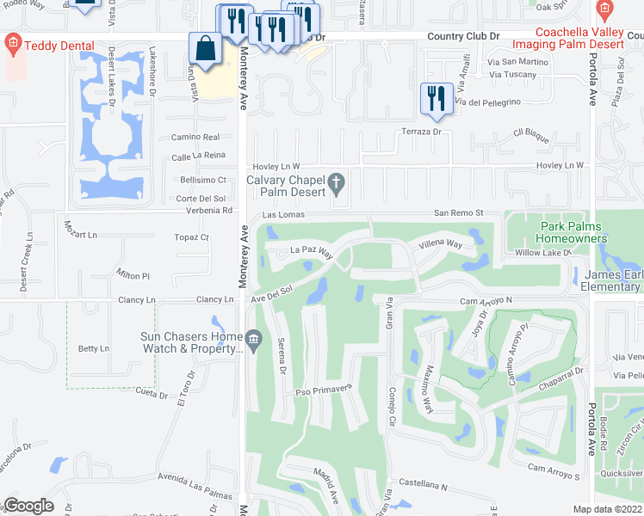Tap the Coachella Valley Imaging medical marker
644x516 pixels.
[x=604, y=10]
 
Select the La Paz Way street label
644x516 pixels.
[x=311, y=252]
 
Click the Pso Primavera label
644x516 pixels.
[x=325, y=388]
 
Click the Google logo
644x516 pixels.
[x=29, y=506]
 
